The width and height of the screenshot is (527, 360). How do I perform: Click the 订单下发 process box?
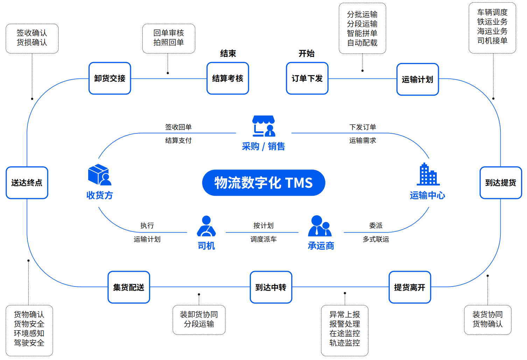(x=307, y=78)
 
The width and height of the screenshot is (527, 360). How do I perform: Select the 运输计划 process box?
(x=417, y=79)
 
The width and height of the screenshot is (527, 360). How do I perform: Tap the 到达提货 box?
(x=500, y=183)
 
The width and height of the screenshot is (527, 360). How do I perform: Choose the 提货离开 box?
(x=409, y=287)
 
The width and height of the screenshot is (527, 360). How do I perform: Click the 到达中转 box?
(x=271, y=287)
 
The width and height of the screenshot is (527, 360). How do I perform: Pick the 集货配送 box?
(x=128, y=287)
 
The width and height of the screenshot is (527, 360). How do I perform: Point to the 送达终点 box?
(x=27, y=183)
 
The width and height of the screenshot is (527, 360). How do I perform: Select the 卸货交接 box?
(x=110, y=78)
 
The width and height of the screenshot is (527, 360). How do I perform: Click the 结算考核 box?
(x=227, y=78)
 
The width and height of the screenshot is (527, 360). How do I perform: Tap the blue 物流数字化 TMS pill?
(x=263, y=183)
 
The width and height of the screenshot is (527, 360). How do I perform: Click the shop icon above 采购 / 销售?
(x=264, y=126)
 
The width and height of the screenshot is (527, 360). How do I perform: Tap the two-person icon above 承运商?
(x=320, y=226)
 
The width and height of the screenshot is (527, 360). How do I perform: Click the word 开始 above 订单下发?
(x=306, y=54)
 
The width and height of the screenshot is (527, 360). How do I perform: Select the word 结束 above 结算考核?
(x=228, y=54)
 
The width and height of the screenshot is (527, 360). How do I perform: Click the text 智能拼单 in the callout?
(x=362, y=33)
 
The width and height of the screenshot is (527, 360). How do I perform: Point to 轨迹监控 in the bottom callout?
(x=344, y=343)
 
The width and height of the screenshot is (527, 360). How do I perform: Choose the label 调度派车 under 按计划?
(x=263, y=239)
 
